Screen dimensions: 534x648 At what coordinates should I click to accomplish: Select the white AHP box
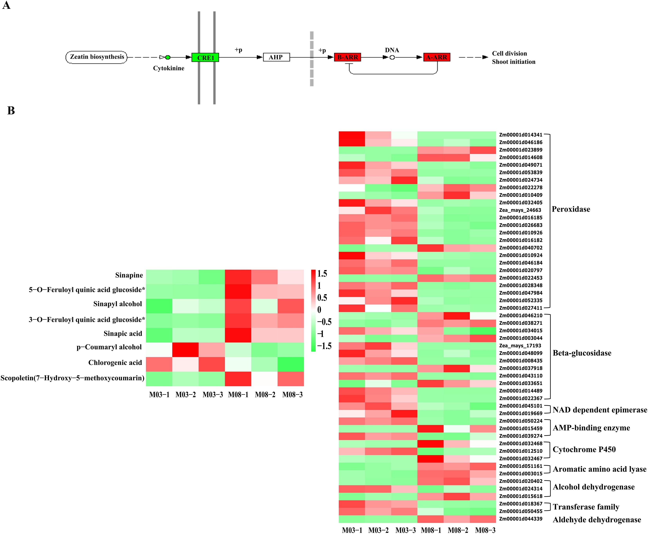click(276, 57)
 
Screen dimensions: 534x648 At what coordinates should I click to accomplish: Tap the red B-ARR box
click(347, 57)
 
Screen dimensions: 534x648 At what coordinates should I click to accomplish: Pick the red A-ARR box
click(437, 57)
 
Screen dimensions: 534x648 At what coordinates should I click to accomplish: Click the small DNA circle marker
click(392, 57)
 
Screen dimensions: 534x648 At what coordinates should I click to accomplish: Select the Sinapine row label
click(129, 275)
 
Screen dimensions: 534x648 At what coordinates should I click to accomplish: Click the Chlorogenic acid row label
click(115, 363)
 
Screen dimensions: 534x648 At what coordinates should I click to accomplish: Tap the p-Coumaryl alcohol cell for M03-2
click(185, 350)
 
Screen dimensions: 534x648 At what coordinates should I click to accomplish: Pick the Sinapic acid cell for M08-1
click(238, 335)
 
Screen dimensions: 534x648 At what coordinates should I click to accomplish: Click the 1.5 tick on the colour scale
click(322, 273)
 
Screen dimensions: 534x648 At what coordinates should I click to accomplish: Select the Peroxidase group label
click(571, 209)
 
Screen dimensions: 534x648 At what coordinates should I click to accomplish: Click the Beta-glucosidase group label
click(582, 353)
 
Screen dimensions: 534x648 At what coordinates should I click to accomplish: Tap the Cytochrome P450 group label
click(584, 449)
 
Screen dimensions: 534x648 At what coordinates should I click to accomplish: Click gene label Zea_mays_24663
click(520, 210)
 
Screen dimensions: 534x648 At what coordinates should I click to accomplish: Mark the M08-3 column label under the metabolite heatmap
click(292, 395)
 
